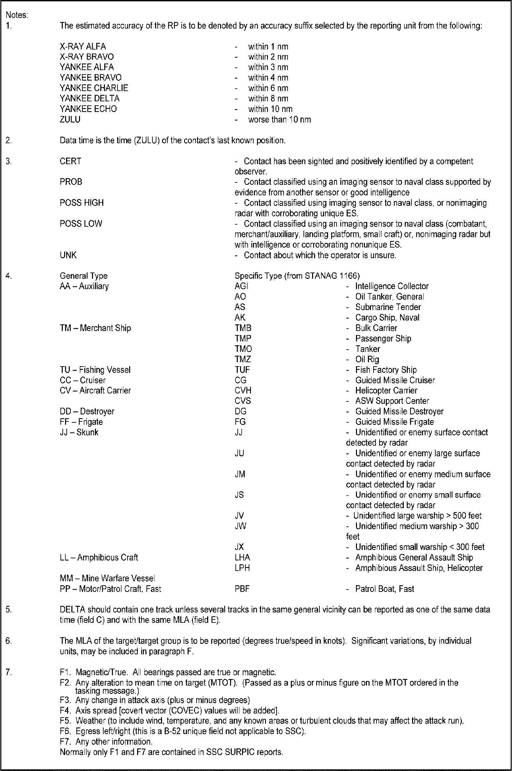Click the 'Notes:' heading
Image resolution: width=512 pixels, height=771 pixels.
[x=17, y=15]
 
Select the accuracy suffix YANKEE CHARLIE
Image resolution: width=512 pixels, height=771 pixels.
[x=94, y=88]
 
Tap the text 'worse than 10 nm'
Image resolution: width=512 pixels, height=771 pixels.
[x=279, y=119]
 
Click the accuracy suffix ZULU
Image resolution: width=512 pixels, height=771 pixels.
[x=70, y=119]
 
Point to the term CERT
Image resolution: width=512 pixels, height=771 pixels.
[x=70, y=161]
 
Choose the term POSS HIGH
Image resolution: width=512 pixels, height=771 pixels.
[x=82, y=203]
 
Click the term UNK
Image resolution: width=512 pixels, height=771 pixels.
[x=68, y=255]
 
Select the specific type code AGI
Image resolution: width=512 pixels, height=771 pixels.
[x=241, y=286]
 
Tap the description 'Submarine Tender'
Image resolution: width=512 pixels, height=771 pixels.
[x=388, y=307]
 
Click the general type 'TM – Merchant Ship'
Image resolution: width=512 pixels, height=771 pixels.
[x=95, y=328]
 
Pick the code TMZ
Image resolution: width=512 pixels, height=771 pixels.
[x=243, y=359]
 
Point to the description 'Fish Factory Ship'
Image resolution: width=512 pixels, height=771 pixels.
[x=386, y=370]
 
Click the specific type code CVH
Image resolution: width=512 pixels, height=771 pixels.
[x=243, y=390]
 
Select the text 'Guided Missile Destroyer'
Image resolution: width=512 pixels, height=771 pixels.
[x=399, y=411]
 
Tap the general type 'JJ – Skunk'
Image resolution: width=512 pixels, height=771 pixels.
[x=79, y=432]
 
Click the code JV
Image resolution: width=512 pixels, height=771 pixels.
[x=239, y=516]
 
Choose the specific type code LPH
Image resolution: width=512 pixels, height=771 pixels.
[x=242, y=568]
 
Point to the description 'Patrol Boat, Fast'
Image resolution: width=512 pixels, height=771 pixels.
[x=384, y=589]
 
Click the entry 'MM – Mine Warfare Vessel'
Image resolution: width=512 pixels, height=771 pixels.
[x=107, y=579]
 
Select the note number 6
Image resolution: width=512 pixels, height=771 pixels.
[x=9, y=641]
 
